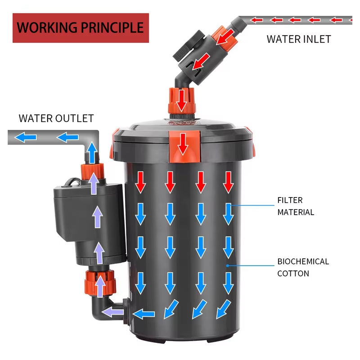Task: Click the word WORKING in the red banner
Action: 47,28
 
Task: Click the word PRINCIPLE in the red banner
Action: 112,28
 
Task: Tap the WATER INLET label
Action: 299,39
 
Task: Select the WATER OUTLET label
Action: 56,118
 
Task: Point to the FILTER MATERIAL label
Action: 296,206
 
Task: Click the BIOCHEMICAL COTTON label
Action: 303,267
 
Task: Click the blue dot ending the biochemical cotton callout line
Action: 228,265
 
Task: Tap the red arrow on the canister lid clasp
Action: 183,144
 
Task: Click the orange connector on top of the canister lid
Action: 181,100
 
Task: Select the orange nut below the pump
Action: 100,283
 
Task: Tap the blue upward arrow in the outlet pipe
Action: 92,153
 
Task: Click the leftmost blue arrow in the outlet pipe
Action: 26,138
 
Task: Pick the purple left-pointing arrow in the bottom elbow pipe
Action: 112,312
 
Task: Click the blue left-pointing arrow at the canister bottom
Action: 144,314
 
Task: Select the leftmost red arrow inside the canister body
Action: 140,182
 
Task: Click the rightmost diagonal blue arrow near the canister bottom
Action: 224,309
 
